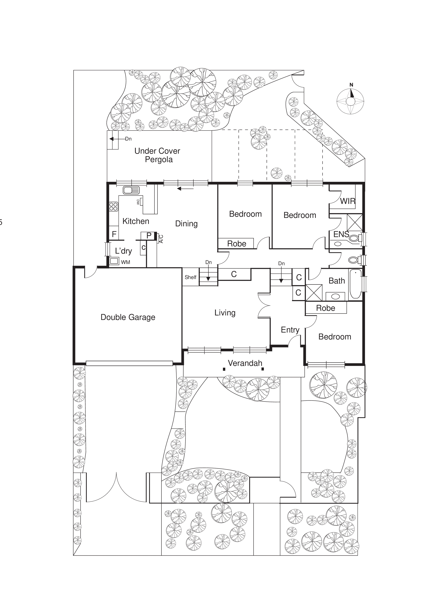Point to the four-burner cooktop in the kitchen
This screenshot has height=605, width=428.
pyautogui.click(x=114, y=206)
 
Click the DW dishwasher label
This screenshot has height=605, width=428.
pyautogui.click(x=138, y=202)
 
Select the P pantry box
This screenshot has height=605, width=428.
pyautogui.click(x=149, y=236)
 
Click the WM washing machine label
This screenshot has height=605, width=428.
pyautogui.click(x=126, y=262)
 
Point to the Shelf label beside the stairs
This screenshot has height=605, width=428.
pyautogui.click(x=190, y=277)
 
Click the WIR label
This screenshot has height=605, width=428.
pyautogui.click(x=347, y=201)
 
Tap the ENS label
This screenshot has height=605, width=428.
pyautogui.click(x=341, y=234)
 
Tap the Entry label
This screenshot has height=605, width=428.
pyautogui.click(x=290, y=330)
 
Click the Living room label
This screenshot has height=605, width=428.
pyautogui.click(x=225, y=313)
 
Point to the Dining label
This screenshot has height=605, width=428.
pyautogui.click(x=186, y=224)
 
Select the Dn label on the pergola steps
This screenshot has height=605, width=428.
pyautogui.click(x=128, y=139)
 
